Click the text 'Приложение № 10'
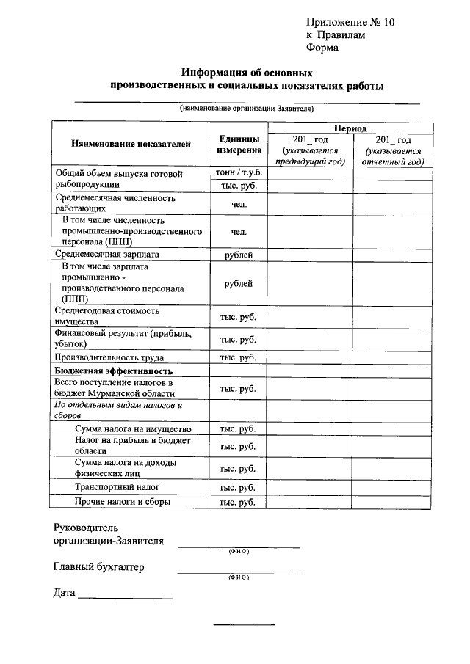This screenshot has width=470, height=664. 350,22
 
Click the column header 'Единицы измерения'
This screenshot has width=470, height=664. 239,145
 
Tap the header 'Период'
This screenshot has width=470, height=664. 350,128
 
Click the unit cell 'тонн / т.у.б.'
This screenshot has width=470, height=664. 239,173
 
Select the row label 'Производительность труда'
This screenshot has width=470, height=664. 109,357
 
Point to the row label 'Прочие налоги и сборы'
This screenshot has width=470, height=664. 123,502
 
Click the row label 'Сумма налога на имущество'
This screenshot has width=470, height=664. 133,428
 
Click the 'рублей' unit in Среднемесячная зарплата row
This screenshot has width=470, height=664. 239,255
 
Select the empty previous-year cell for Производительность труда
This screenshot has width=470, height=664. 310,357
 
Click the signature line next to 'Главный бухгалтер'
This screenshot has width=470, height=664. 239,572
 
